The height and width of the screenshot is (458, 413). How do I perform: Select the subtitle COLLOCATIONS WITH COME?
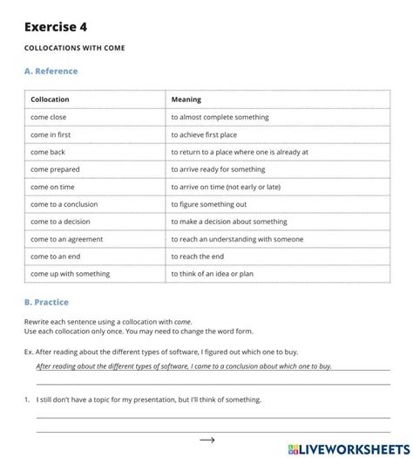(x=74, y=48)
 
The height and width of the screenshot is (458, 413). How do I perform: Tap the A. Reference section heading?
(x=51, y=72)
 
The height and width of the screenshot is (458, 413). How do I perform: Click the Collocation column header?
(x=50, y=99)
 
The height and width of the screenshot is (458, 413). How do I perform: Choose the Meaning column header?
(x=186, y=99)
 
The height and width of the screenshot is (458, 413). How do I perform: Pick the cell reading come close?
(x=49, y=117)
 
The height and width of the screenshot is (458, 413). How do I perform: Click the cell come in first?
(x=51, y=134)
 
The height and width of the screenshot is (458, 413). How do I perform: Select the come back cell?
(x=48, y=152)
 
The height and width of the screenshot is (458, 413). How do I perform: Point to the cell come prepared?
(x=54, y=169)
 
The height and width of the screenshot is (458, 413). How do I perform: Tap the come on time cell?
(x=52, y=187)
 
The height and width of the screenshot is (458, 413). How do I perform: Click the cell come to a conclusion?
(x=64, y=204)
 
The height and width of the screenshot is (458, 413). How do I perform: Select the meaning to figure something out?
(x=215, y=204)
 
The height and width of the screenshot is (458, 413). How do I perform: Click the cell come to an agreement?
(x=66, y=239)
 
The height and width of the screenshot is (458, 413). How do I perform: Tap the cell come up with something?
(x=70, y=274)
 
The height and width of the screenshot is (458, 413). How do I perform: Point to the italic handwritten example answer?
(x=184, y=366)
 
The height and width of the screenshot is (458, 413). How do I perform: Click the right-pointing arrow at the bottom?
(x=207, y=441)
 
